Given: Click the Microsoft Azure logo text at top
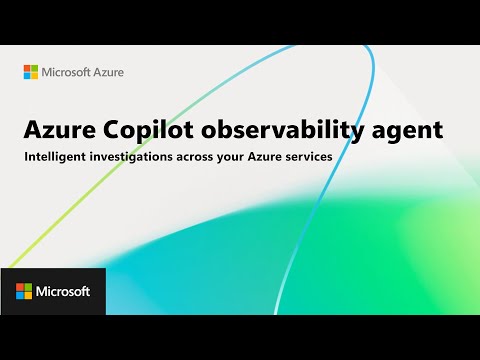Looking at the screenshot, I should [x=81, y=72].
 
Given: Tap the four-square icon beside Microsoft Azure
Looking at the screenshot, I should [x=30, y=72].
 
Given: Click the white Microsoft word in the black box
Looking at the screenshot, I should [x=64, y=291].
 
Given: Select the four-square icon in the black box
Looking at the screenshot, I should [x=24, y=291].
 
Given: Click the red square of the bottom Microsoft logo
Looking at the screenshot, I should [x=20, y=287].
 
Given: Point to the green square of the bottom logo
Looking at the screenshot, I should [x=28, y=287].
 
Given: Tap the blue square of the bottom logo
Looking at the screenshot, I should [x=20, y=295].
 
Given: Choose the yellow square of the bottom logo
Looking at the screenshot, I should [x=28, y=295].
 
